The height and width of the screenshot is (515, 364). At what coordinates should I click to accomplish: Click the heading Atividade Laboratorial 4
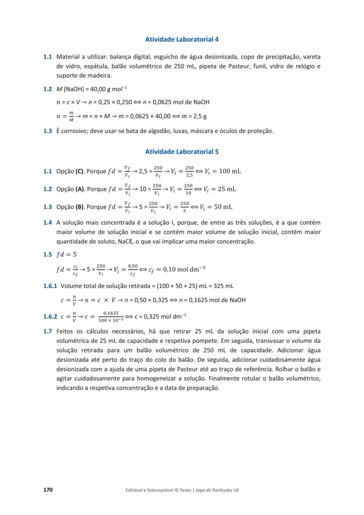182,39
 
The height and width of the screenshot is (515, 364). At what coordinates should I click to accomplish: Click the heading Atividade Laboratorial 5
182,152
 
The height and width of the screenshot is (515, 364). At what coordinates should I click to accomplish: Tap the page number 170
47,489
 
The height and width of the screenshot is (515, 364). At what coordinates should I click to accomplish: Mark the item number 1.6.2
50,316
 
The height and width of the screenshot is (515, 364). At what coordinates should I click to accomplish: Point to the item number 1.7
47,331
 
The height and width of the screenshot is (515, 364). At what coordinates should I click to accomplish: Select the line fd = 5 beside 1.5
66,255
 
